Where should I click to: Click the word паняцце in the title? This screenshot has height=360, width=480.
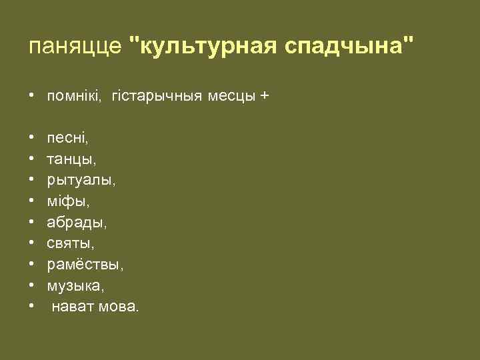click(x=75, y=47)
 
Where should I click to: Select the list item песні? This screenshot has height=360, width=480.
click(x=67, y=139)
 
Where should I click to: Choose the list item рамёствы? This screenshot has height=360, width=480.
click(x=85, y=265)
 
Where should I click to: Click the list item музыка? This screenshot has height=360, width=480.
click(x=75, y=286)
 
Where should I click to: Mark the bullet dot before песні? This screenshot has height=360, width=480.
click(x=32, y=139)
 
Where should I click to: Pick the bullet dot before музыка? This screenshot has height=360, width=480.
click(x=32, y=286)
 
